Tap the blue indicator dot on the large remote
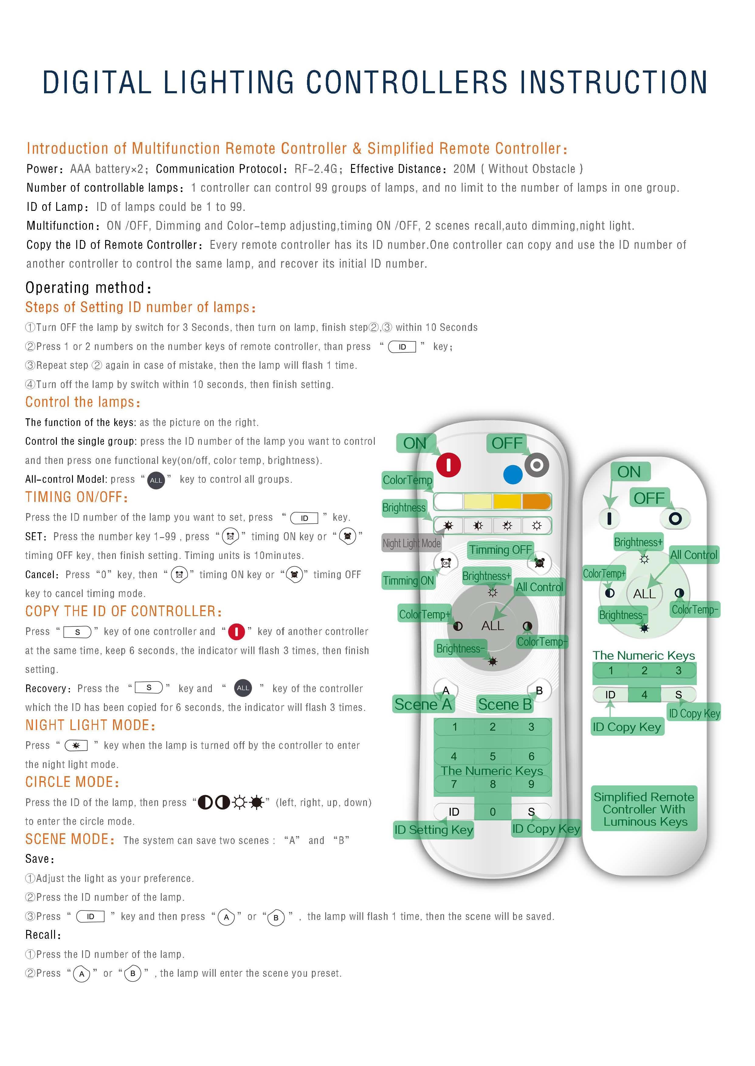click(x=513, y=475)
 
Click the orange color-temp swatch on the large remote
click(x=536, y=501)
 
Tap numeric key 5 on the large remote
click(x=493, y=756)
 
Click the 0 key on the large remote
click(x=493, y=812)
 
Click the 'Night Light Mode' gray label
click(x=412, y=543)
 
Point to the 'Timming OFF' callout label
click(x=500, y=550)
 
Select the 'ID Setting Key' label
click(x=434, y=829)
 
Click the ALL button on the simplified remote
click(x=644, y=593)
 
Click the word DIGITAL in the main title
click(x=97, y=83)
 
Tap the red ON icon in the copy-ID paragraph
click(x=236, y=632)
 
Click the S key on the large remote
click(x=531, y=812)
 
